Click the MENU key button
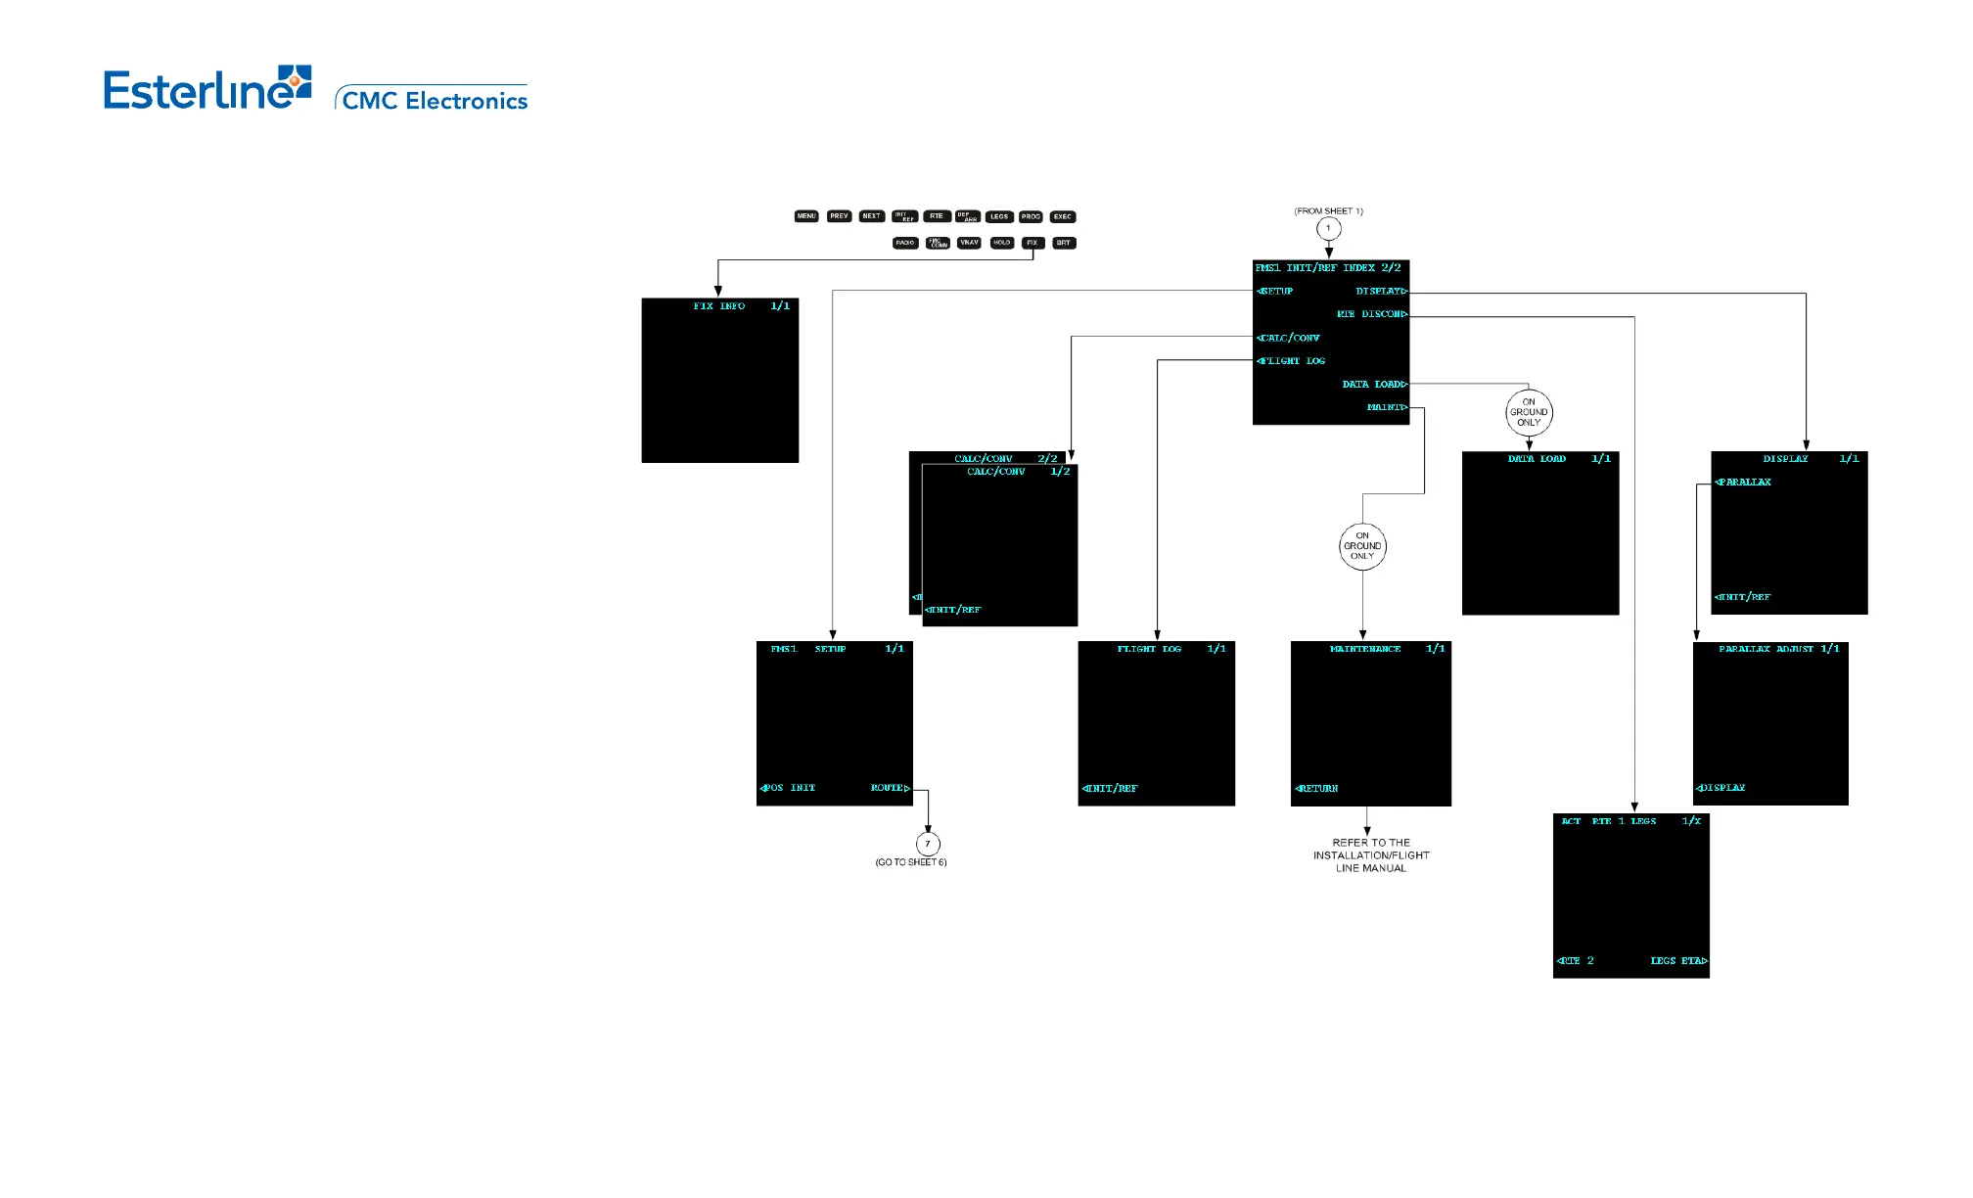pos(805,216)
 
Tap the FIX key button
pos(1032,243)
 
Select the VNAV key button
pos(968,243)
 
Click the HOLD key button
pos(1001,243)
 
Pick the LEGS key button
pos(998,216)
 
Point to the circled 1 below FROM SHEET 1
pos(1328,229)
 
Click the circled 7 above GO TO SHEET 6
pos(928,844)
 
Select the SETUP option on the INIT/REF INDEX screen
pos(1275,292)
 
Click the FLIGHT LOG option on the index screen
pos(1292,361)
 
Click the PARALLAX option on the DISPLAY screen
pos(1744,483)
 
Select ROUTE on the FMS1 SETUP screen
pos(890,788)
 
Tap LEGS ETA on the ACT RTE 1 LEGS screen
pos(1677,961)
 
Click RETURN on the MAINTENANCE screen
pos(1317,789)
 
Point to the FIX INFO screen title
pos(719,306)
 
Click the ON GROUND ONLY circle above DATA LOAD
pos(1529,413)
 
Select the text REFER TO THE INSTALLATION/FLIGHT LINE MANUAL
pos(1371,855)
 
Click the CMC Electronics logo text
pos(435,101)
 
